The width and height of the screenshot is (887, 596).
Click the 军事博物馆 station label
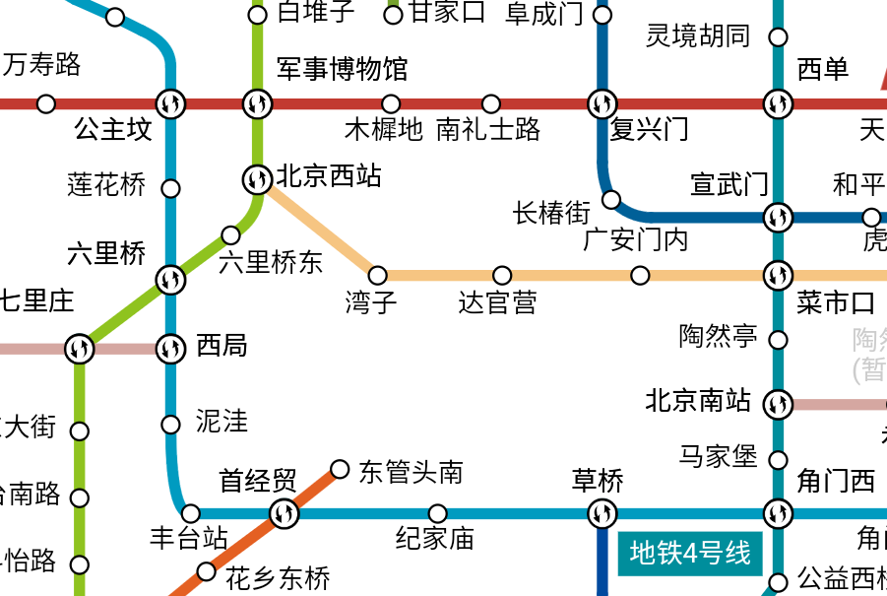pos(342,69)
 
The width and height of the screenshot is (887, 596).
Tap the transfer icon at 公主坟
pos(170,102)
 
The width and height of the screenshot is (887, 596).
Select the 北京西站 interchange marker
pos(257,179)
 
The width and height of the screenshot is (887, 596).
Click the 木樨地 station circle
pos(391,103)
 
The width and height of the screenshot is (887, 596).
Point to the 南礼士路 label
pos(488,129)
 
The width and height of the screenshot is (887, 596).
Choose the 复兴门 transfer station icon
pos(602,102)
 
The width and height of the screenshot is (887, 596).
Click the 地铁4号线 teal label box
pos(690,553)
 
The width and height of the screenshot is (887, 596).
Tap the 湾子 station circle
pos(377,275)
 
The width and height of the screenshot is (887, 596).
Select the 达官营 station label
pos(498,301)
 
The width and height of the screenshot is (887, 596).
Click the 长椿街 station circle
pos(611,200)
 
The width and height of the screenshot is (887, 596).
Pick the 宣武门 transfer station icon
pos(778,217)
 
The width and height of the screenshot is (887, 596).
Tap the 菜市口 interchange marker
pos(778,275)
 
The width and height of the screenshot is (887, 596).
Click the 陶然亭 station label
pos(719,336)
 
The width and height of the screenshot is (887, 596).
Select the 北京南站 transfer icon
pos(778,404)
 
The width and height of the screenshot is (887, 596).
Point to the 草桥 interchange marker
pos(602,513)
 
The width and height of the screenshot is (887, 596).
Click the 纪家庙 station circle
pos(438,513)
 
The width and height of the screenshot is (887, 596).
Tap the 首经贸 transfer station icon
pos(284,513)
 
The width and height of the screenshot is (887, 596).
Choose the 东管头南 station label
pos(411,472)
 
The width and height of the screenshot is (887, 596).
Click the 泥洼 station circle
pos(170,425)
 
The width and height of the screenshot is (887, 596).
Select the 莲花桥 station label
pos(106,184)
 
